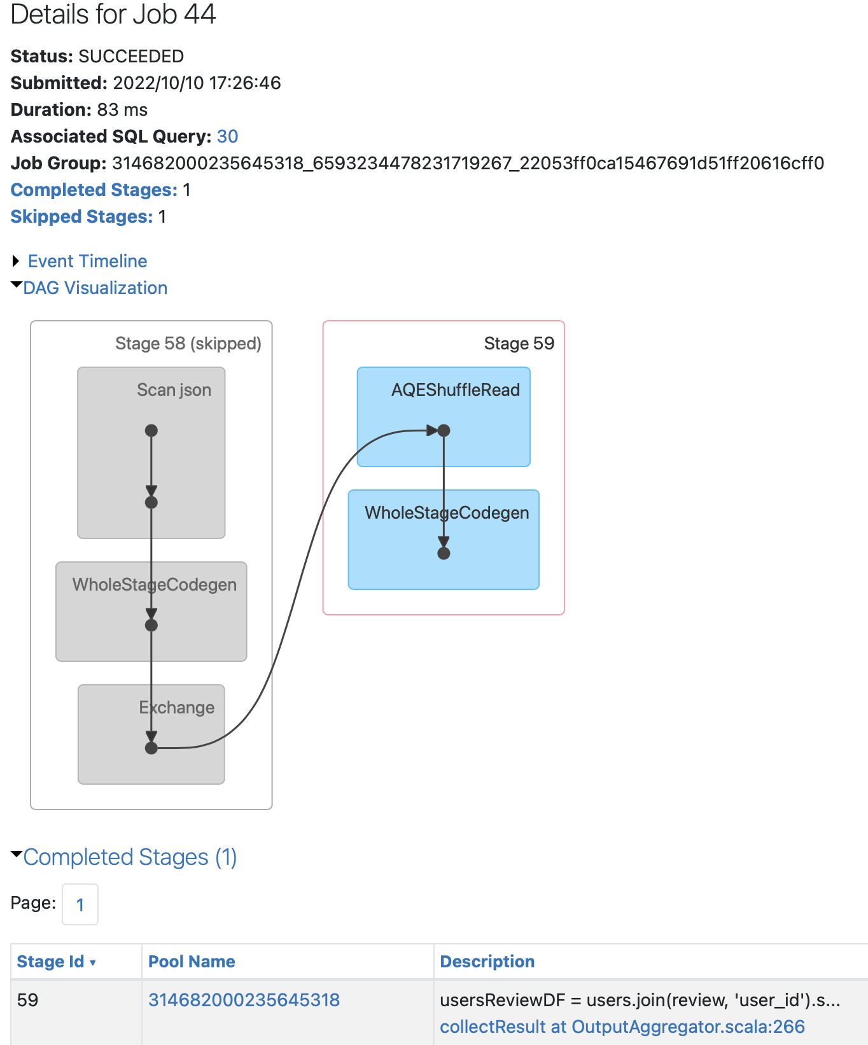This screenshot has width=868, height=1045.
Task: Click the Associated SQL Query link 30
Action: pyautogui.click(x=227, y=137)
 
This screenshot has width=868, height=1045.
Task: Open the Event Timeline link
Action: pyautogui.click(x=87, y=262)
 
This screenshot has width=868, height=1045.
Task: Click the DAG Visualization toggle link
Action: pyautogui.click(x=95, y=288)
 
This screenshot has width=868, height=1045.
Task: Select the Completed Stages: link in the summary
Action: pyautogui.click(x=94, y=190)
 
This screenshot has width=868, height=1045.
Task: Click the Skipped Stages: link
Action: pyautogui.click(x=81, y=217)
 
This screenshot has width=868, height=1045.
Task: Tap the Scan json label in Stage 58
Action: pyautogui.click(x=174, y=390)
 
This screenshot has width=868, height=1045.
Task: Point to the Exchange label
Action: pyautogui.click(x=177, y=708)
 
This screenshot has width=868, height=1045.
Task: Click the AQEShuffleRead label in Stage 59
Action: pyautogui.click(x=456, y=390)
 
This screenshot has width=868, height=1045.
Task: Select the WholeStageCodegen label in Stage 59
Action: pyautogui.click(x=447, y=513)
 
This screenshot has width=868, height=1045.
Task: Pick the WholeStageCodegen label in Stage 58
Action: pyautogui.click(x=155, y=585)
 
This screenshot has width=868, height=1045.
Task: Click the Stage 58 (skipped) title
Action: pyautogui.click(x=188, y=344)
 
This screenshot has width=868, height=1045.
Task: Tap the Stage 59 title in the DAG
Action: pyautogui.click(x=519, y=344)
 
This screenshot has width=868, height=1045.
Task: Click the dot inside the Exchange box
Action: pyautogui.click(x=151, y=748)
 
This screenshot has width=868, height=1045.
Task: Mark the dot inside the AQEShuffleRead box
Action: pyautogui.click(x=444, y=431)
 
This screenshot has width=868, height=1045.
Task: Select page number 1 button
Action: pyautogui.click(x=80, y=904)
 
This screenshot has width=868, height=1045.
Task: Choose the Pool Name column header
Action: pyautogui.click(x=192, y=962)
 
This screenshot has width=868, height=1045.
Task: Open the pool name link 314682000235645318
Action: pyautogui.click(x=244, y=1000)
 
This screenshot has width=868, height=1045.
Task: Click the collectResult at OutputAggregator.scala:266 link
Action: pyautogui.click(x=622, y=1027)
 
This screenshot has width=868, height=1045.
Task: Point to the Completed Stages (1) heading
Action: pyautogui.click(x=130, y=857)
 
